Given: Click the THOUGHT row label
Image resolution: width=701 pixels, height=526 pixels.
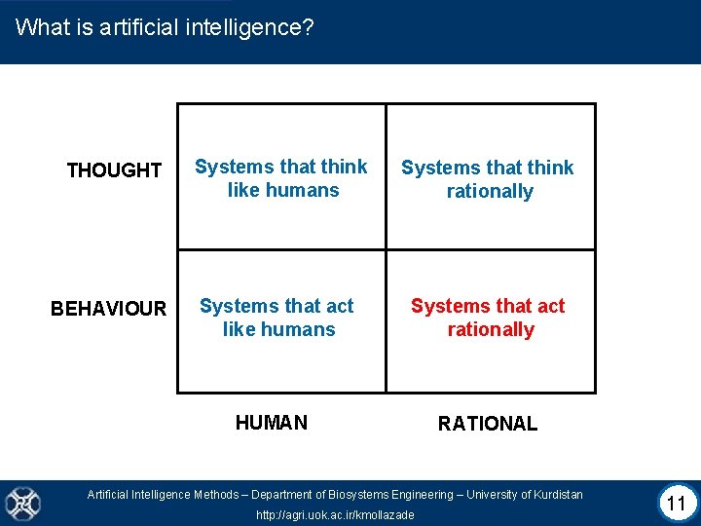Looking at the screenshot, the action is point(114,170).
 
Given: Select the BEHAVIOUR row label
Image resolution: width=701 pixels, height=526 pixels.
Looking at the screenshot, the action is point(109,309).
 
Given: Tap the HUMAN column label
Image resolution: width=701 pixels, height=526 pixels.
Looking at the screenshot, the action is point(272,423).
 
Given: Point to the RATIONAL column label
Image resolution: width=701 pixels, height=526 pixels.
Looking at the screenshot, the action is point(487,424).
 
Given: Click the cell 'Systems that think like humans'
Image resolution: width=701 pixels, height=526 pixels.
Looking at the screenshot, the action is point(281,178).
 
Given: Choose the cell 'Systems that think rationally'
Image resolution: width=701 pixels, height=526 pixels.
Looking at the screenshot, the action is point(488,179).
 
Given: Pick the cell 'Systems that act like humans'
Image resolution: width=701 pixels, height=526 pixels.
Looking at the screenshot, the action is point(277,318).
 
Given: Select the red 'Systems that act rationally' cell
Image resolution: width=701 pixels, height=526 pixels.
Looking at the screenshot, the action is point(488,318).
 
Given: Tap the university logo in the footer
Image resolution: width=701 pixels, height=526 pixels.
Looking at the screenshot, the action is point(21,503).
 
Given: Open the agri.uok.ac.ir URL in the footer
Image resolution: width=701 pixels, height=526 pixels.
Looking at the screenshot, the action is point(335,514).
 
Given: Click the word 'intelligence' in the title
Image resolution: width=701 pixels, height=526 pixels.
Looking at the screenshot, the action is point(247,27).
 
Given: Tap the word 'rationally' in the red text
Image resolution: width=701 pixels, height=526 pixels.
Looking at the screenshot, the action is point(491,329).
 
